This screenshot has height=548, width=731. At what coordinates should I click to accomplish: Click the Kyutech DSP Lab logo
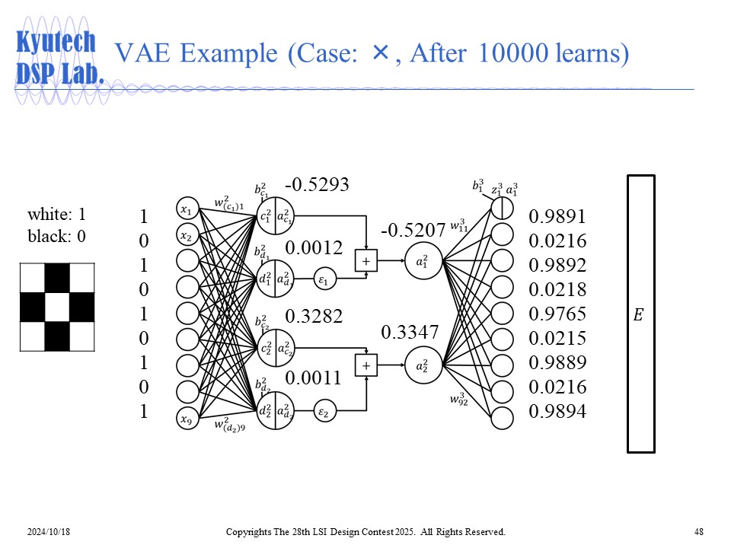(59, 57)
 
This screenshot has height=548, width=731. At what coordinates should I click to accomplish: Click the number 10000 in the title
(509, 53)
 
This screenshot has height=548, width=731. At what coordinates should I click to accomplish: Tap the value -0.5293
(317, 185)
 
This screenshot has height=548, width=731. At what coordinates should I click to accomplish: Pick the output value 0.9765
(557, 314)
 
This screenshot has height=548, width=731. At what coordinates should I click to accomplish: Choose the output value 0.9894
(557, 412)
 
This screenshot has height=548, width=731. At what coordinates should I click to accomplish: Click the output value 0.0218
(557, 290)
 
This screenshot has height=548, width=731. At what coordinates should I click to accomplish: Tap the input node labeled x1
(187, 209)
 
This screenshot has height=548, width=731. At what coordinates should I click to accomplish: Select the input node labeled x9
(187, 417)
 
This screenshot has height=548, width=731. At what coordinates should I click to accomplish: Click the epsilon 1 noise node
(324, 280)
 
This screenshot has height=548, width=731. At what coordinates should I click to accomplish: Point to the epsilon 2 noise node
(324, 413)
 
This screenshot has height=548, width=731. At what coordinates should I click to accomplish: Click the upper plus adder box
(366, 260)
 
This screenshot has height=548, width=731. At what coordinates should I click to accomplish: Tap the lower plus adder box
(366, 365)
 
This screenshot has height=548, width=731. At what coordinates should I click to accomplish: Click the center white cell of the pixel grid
(57, 307)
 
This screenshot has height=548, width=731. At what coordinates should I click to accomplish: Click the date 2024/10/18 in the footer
(49, 531)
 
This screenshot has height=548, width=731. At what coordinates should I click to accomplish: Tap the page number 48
(699, 531)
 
